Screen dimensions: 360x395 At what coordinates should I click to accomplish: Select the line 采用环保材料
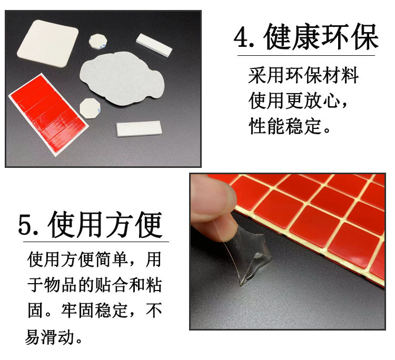(x=303, y=76)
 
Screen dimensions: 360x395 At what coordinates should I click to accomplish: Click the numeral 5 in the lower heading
(x=26, y=225)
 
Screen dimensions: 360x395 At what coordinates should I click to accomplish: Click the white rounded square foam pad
(x=49, y=47)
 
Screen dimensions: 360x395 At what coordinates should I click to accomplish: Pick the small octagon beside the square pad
(x=98, y=41)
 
